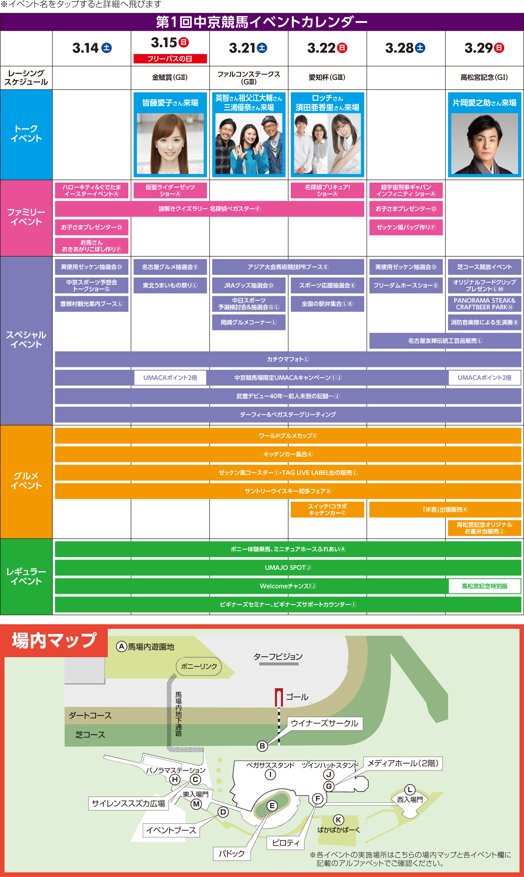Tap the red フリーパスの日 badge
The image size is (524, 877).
(170, 59)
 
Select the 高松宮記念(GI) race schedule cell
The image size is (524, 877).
(484, 77)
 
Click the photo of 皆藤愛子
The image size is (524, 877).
(170, 143)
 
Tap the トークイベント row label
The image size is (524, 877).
(26, 134)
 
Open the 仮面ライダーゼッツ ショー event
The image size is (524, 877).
(170, 190)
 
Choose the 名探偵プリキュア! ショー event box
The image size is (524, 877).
(327, 190)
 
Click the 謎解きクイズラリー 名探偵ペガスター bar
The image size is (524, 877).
(209, 209)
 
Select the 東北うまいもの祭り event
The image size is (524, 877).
(170, 285)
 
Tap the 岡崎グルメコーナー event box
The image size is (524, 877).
(249, 322)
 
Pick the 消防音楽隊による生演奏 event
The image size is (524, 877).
(484, 322)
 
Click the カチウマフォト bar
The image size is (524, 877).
(288, 359)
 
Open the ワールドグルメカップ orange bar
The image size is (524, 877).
(288, 436)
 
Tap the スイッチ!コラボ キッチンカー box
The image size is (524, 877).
(327, 509)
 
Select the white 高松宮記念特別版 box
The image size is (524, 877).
(484, 586)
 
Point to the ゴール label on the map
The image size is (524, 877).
(297, 697)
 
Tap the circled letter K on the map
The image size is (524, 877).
(338, 820)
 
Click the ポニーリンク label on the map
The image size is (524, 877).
(199, 666)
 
